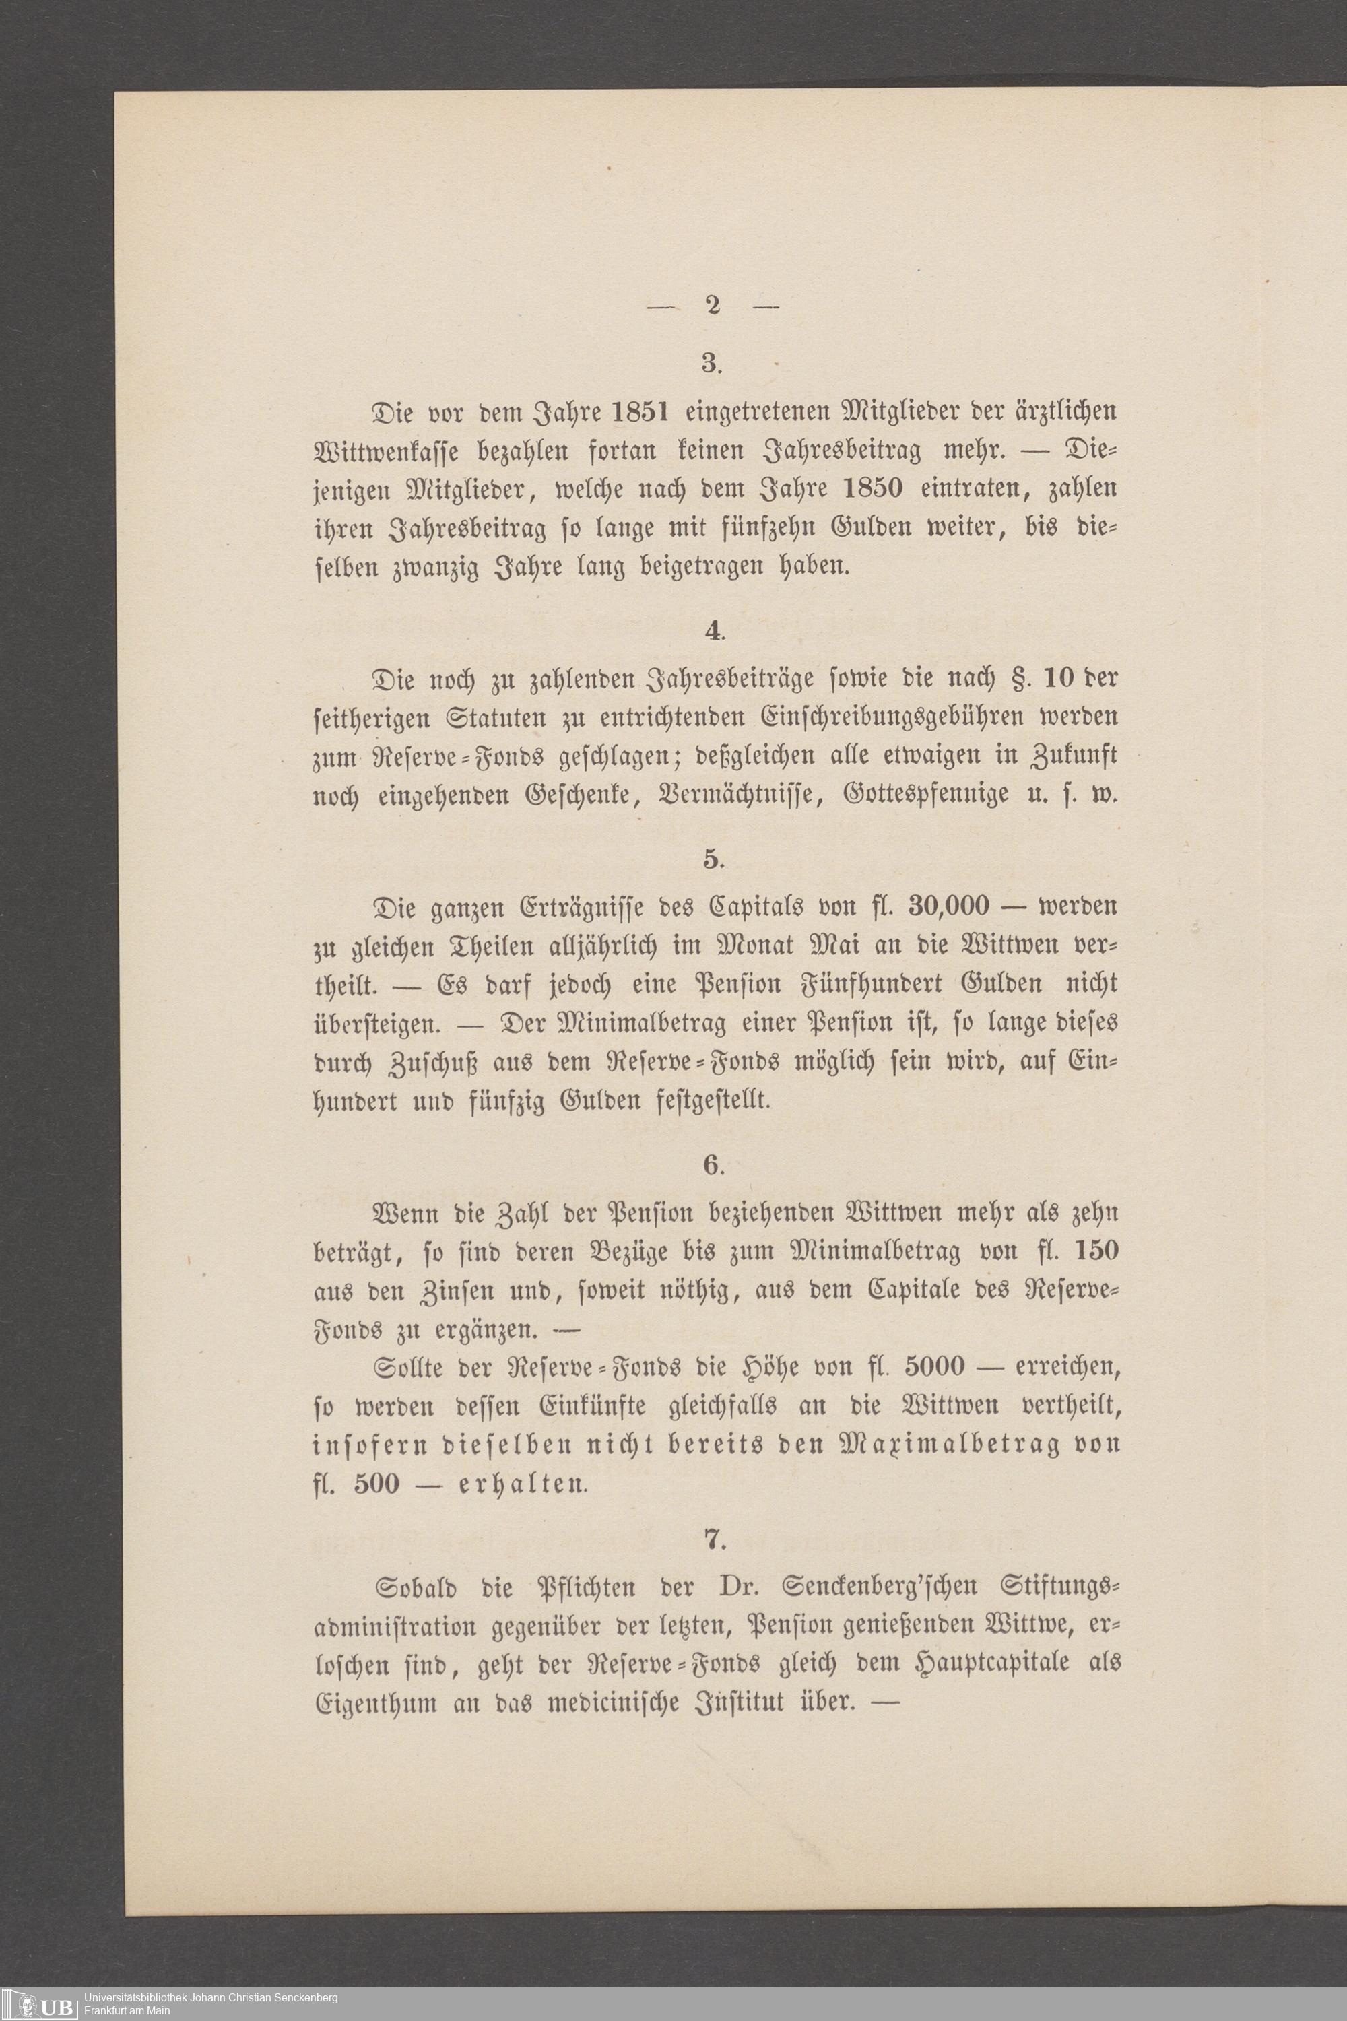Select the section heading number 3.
pyautogui.click(x=711, y=364)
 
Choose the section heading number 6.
pyautogui.click(x=712, y=1166)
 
